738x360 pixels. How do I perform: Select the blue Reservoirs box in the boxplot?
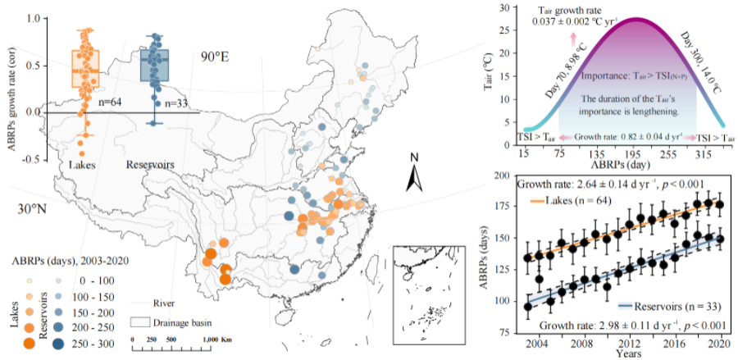click(153, 66)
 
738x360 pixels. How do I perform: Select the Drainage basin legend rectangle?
click(142, 321)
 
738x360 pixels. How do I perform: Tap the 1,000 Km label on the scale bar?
click(220, 338)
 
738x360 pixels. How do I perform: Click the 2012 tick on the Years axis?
click(629, 341)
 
